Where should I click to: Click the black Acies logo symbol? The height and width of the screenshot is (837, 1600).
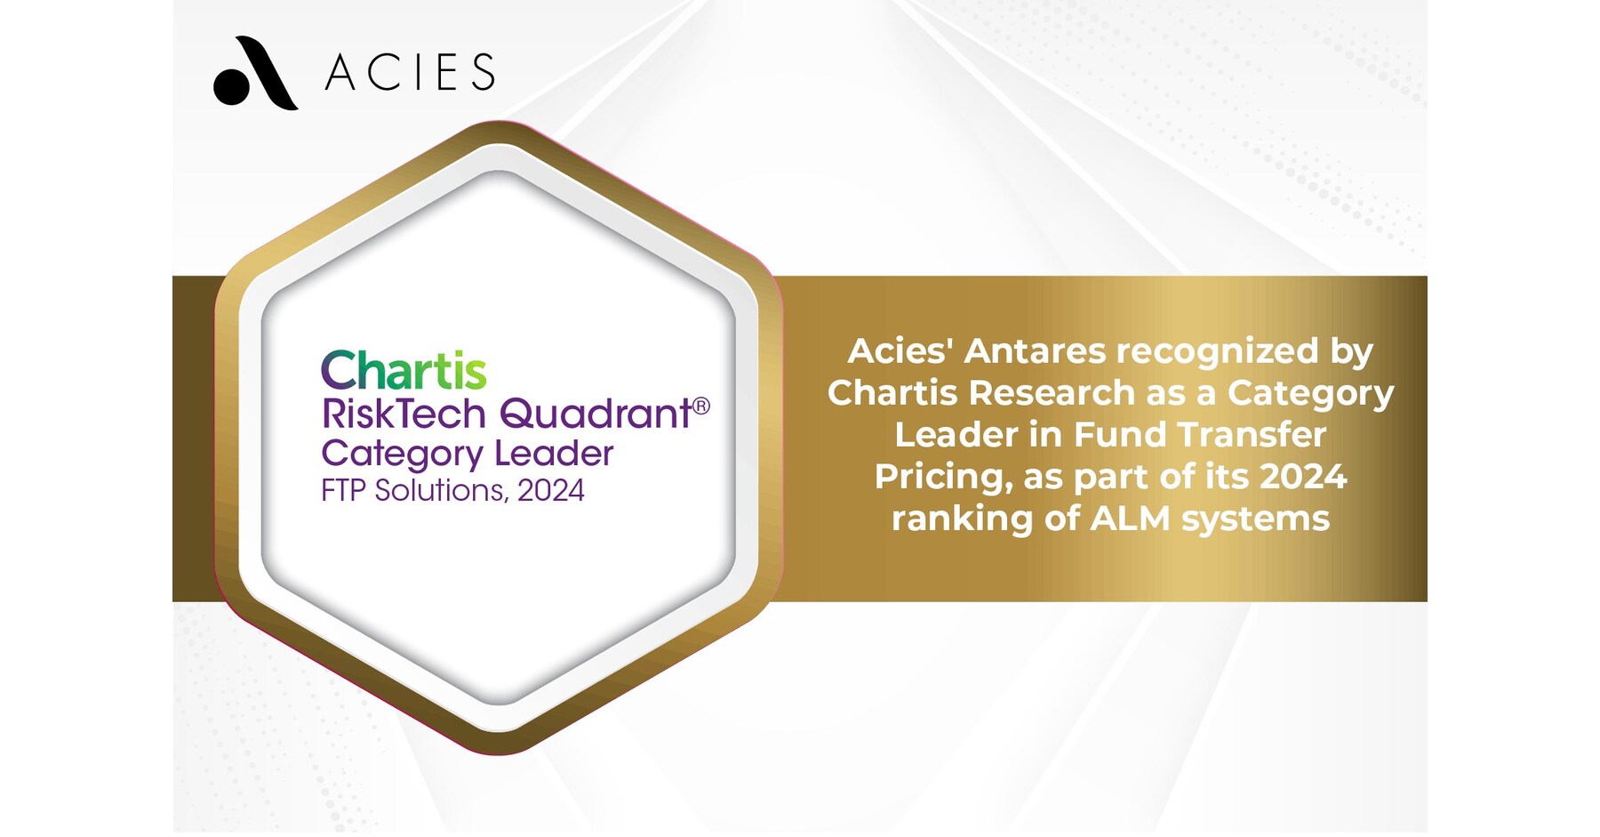point(255,74)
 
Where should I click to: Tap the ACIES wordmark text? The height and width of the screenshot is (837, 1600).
point(410,73)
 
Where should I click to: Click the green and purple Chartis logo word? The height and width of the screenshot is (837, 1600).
point(404,370)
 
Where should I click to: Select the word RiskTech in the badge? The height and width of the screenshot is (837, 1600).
point(404,414)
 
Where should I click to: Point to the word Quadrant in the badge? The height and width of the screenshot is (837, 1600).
point(596,414)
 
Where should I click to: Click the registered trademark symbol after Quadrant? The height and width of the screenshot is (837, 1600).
point(701,406)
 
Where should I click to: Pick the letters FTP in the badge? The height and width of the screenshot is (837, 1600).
point(344,491)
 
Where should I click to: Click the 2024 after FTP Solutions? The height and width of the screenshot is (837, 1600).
point(551,491)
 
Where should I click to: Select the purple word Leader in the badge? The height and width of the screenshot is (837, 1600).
point(554,454)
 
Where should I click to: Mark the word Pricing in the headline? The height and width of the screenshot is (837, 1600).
point(943,478)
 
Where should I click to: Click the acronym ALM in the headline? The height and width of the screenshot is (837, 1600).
point(1130,519)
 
